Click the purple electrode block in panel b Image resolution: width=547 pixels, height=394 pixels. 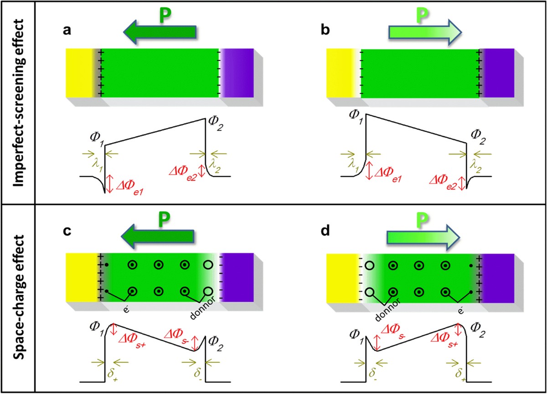[499, 73]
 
